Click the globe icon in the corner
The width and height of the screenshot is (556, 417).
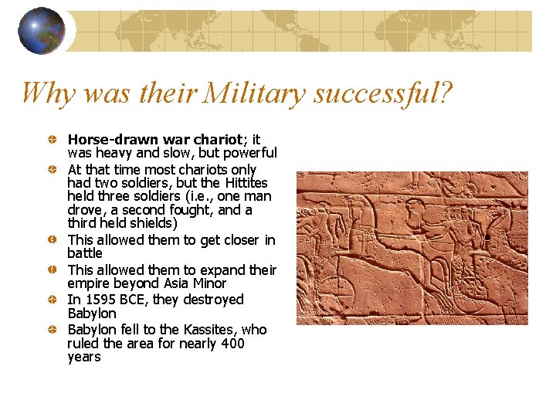(x=42, y=31)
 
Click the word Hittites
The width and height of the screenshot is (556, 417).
(x=246, y=183)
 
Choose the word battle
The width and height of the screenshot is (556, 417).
(x=85, y=253)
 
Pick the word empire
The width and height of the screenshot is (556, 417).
(x=90, y=283)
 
